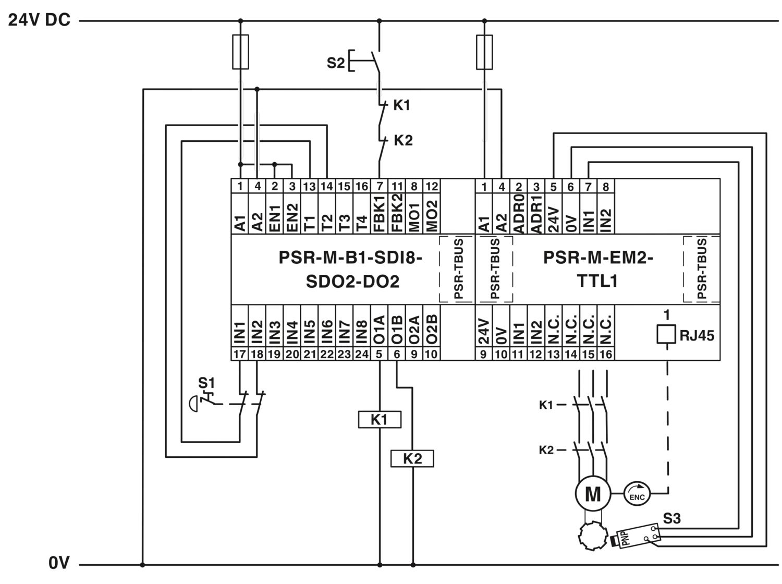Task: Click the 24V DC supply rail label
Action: click(x=39, y=20)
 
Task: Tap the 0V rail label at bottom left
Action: click(x=59, y=563)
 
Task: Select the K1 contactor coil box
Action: click(x=379, y=419)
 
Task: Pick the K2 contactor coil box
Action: click(x=412, y=458)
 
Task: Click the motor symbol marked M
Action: click(x=593, y=493)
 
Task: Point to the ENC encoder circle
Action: click(x=637, y=494)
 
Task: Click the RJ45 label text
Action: click(x=697, y=336)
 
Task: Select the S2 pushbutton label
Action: click(x=336, y=63)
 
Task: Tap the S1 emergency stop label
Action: click(x=206, y=383)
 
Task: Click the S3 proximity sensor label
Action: click(x=672, y=518)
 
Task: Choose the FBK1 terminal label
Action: click(x=379, y=213)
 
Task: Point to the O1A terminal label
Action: click(x=379, y=330)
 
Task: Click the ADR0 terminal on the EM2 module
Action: click(x=518, y=213)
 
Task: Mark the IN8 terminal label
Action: click(x=362, y=332)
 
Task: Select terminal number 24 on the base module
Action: click(x=362, y=354)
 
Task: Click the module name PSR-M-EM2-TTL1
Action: click(x=597, y=269)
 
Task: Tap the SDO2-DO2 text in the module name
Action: click(x=352, y=282)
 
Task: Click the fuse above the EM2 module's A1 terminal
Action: click(x=484, y=52)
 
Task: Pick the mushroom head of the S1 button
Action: click(x=193, y=404)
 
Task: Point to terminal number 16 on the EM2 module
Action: click(x=605, y=354)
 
